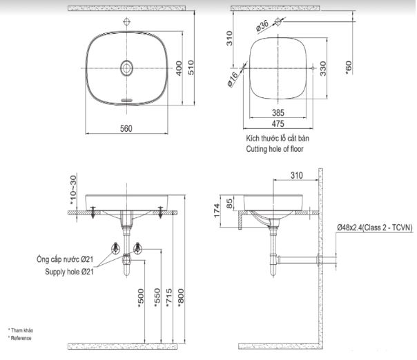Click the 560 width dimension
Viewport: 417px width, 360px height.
coord(126,128)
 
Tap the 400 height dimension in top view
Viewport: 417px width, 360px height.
coord(179,68)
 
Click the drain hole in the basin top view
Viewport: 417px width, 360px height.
coord(127,68)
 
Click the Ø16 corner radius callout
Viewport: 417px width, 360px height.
coord(233,80)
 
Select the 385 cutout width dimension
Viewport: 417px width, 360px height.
coord(278,112)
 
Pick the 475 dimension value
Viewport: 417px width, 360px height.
coord(278,123)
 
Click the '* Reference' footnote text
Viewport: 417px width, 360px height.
coord(20,338)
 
